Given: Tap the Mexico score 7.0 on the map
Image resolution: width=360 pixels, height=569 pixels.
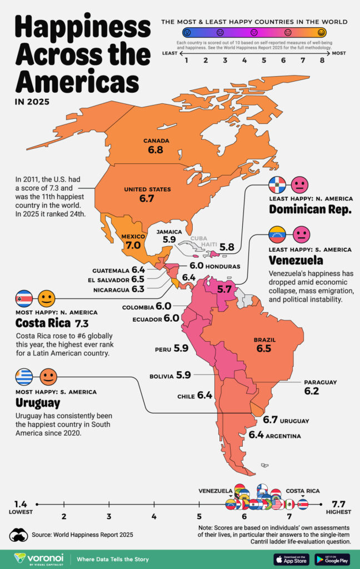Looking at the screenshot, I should tap(133, 245).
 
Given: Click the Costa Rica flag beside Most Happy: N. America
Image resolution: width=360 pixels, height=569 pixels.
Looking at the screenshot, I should tap(24, 298).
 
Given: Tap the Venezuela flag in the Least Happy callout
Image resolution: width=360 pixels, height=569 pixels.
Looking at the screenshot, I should tap(277, 233).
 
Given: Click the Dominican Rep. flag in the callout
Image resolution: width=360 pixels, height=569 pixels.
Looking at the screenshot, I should tap(277, 184).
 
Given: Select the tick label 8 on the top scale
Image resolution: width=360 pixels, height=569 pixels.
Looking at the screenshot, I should tap(322, 61).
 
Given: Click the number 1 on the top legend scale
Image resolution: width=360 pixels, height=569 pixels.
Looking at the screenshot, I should tap(187, 61).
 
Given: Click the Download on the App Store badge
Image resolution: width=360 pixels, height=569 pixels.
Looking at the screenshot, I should tap(291, 558).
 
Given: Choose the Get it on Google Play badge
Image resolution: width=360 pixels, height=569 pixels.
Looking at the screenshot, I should tap(332, 558).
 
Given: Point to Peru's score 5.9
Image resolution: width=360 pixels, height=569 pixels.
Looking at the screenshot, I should tap(181, 348).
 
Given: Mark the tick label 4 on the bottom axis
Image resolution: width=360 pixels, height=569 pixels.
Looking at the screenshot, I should tap(154, 517).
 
